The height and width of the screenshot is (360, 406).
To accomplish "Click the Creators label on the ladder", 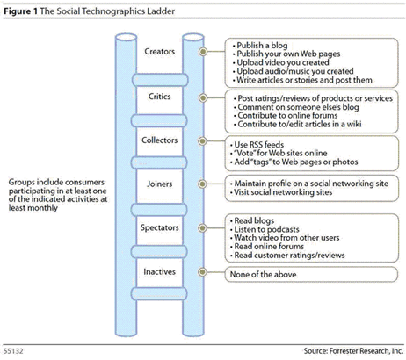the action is (x=160, y=52).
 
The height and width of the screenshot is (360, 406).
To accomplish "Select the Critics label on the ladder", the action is (x=160, y=97).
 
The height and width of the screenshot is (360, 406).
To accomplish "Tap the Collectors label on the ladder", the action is (x=160, y=140).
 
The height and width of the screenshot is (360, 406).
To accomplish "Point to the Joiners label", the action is (x=160, y=184).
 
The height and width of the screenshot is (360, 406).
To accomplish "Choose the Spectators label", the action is (x=160, y=227).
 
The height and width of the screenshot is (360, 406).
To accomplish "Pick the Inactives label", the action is (x=160, y=271).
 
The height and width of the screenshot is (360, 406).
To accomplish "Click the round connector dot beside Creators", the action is (x=203, y=52).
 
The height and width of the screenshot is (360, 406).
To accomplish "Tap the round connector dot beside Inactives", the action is (x=202, y=272).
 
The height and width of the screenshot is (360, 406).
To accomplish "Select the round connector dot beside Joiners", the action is (x=202, y=184).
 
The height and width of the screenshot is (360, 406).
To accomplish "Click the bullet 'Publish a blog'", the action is (x=260, y=46).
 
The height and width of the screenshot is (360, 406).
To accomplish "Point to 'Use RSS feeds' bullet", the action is (x=257, y=145).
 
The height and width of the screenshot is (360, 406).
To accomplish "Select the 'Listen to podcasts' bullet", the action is (x=265, y=229).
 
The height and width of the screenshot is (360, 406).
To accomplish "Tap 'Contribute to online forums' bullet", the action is (x=286, y=115).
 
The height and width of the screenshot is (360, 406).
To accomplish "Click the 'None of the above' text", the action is (x=263, y=275).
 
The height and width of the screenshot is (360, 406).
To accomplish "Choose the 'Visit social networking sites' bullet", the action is (x=281, y=192).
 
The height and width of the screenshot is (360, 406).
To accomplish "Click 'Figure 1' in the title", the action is (x=21, y=11).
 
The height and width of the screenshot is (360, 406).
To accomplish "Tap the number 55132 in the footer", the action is (x=13, y=351).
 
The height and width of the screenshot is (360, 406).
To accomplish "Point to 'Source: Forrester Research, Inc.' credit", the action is (x=353, y=350).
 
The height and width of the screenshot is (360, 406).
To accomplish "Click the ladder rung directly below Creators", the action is (x=160, y=80).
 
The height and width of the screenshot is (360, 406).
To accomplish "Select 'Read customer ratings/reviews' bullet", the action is (x=287, y=256).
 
